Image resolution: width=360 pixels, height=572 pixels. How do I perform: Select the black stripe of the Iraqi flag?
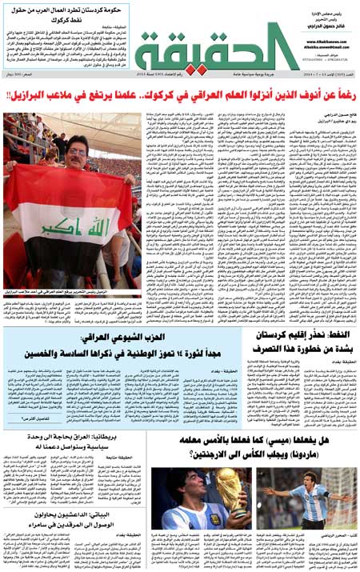[68, 264]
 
